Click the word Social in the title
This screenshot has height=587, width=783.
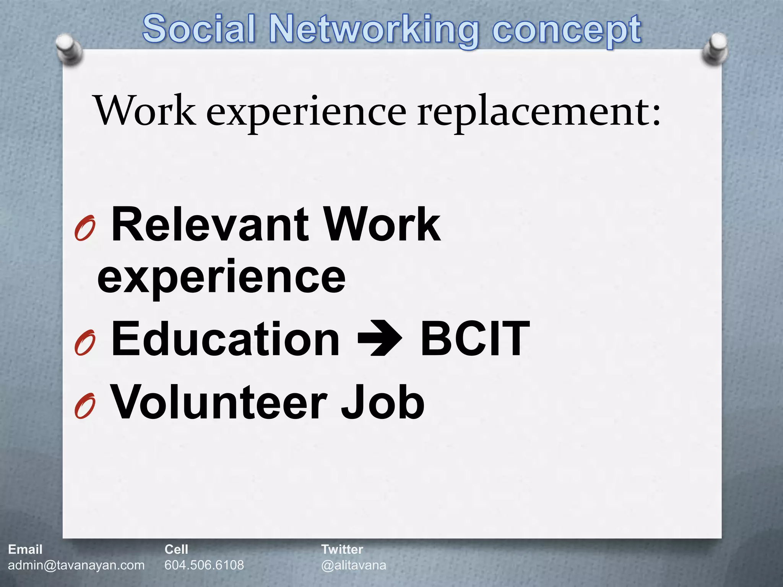coord(198,29)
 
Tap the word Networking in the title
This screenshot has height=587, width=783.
coord(374,31)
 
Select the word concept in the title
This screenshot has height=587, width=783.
coord(567,31)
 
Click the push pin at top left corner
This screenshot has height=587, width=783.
coord(69,49)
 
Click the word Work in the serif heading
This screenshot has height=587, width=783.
coord(145,111)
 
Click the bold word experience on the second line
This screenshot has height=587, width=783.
coord(221,277)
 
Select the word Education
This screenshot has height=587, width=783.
coord(225,339)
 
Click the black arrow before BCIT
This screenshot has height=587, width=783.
coord(379,339)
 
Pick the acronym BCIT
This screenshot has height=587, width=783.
coord(475,339)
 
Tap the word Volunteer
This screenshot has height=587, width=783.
coord(218,402)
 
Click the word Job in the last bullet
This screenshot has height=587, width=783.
coord(382,402)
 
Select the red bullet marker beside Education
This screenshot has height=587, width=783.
coord(85,342)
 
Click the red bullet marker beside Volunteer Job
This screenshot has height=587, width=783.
coord(85,406)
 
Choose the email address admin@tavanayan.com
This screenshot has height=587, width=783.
coord(76,565)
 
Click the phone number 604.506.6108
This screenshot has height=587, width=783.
coord(204,565)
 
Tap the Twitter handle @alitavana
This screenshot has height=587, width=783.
coord(354,565)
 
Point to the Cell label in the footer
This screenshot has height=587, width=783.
coord(176,550)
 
